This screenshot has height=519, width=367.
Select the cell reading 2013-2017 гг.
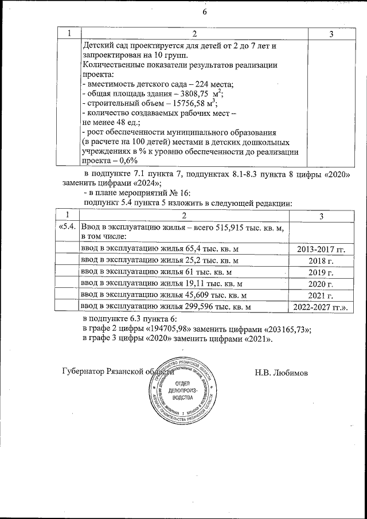coord(322,248)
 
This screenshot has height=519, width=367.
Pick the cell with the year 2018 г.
coord(322,260)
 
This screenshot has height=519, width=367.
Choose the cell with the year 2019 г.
coord(322,272)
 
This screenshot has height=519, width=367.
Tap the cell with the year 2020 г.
coord(322,284)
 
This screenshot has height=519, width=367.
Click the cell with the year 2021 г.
coord(322,295)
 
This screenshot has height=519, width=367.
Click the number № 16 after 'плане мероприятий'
coord(187,193)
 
